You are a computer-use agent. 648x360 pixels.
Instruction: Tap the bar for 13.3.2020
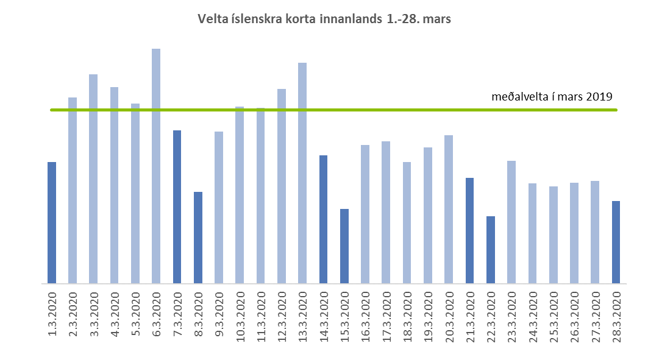point(302,173)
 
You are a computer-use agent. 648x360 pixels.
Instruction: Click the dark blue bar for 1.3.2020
point(52,222)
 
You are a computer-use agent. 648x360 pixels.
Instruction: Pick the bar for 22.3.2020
point(491,250)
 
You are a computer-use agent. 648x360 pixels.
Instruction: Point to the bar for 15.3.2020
point(344,246)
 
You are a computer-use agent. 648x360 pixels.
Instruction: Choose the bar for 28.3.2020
point(616,242)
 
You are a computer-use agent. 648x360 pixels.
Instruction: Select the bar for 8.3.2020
point(198,238)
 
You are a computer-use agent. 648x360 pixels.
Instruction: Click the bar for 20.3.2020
point(449,209)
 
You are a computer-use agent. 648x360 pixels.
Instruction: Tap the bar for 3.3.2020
point(93,178)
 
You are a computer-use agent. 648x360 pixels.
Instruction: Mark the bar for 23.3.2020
point(511,222)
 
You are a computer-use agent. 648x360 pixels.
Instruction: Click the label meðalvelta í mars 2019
point(552,96)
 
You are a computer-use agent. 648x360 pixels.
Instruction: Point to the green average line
point(390,110)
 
